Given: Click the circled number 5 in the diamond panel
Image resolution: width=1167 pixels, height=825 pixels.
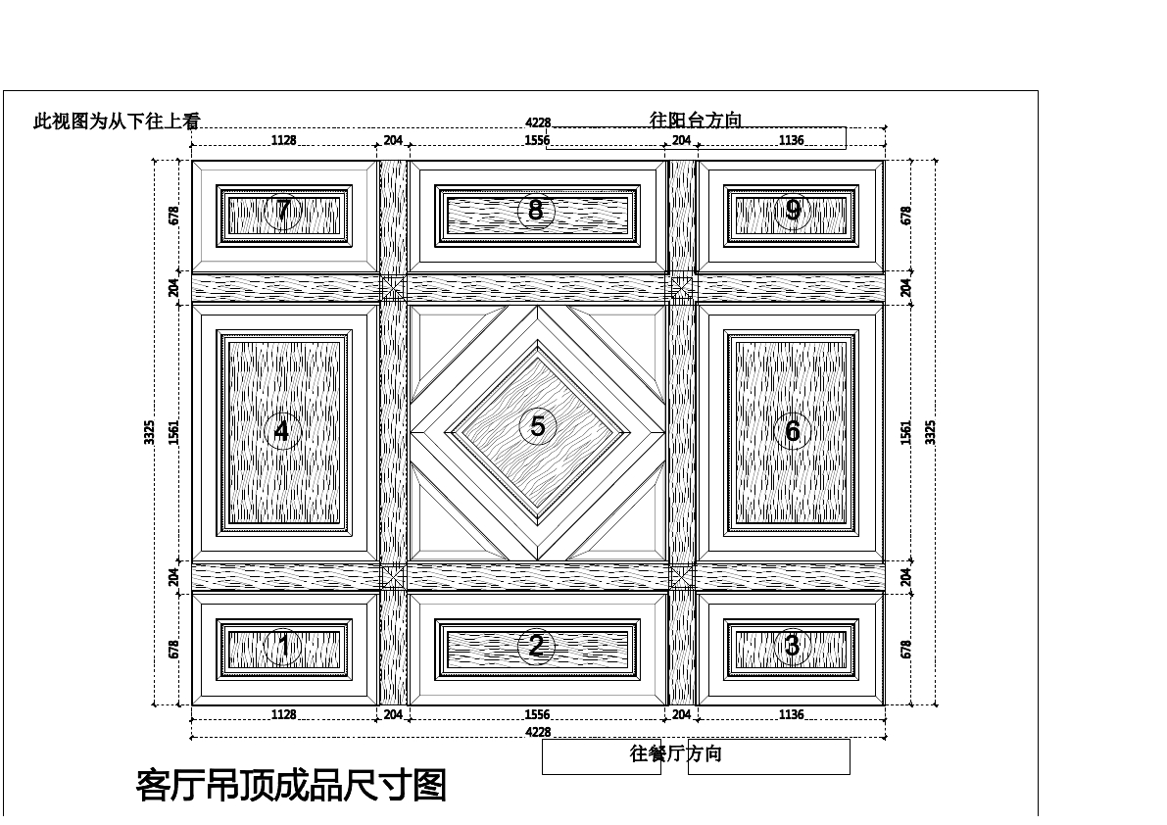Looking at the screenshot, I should pyautogui.click(x=537, y=426).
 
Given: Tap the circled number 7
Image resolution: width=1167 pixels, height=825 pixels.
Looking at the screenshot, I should pyautogui.click(x=283, y=211).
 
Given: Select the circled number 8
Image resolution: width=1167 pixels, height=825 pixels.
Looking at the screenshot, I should pyautogui.click(x=536, y=210).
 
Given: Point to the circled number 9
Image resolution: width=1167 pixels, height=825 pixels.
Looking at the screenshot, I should pyautogui.click(x=793, y=210).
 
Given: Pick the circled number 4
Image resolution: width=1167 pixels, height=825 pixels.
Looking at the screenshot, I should pyautogui.click(x=282, y=431).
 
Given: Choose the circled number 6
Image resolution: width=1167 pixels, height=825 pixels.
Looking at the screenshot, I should pyautogui.click(x=793, y=431).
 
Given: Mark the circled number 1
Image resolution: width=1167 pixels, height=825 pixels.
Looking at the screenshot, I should pyautogui.click(x=283, y=646).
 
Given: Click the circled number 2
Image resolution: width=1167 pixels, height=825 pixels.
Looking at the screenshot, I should pyautogui.click(x=536, y=646).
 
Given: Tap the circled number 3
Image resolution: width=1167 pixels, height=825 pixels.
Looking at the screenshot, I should pyautogui.click(x=792, y=646).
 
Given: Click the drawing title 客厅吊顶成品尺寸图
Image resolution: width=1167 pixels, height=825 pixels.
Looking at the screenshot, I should pyautogui.click(x=291, y=786).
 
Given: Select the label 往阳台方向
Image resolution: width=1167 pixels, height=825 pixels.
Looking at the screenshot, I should pyautogui.click(x=696, y=121).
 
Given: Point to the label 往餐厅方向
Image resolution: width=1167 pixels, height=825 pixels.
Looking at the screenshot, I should pyautogui.click(x=675, y=753).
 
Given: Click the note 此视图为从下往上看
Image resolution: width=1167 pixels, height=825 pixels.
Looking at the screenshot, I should pyautogui.click(x=117, y=121).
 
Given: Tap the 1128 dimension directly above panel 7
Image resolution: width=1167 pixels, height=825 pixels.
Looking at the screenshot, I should pyautogui.click(x=283, y=141).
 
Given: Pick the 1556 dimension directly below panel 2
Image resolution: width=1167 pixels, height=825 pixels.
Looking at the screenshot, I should pyautogui.click(x=537, y=715).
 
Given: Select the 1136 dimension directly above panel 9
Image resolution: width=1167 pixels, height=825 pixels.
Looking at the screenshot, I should pyautogui.click(x=791, y=141).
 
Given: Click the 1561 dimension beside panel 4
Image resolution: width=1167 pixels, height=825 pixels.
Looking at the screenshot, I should pyautogui.click(x=174, y=432).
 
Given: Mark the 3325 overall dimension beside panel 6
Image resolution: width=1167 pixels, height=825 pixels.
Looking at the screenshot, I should pyautogui.click(x=931, y=432).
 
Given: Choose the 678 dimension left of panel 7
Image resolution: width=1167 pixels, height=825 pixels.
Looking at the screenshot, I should pyautogui.click(x=174, y=216).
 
